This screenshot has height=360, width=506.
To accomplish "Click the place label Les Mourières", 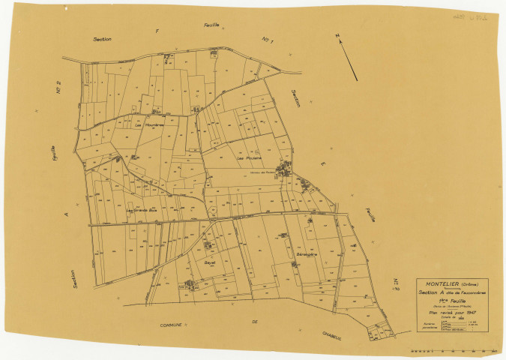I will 145,124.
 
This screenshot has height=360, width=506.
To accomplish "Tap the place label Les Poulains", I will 248,158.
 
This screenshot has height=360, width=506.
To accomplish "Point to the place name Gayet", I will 211,263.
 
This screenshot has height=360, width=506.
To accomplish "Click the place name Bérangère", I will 308,254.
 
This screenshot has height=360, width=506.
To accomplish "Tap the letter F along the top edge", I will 157,31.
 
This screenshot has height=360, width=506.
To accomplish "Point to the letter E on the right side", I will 324,163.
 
